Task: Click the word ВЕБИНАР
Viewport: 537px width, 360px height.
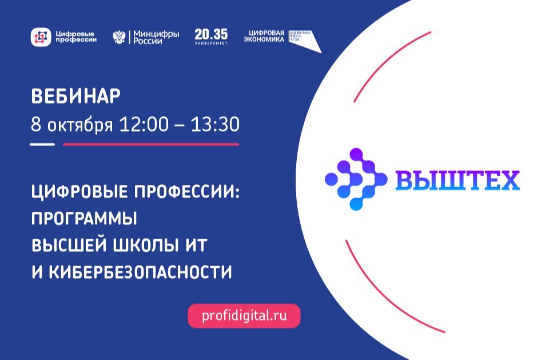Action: [x=75, y=97]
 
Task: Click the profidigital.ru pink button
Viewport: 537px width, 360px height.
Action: [x=244, y=315]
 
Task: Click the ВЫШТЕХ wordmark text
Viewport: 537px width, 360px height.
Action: [x=457, y=180]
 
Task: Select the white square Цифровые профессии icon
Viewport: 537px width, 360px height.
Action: [x=41, y=37]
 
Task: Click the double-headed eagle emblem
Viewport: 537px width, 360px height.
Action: [x=119, y=37]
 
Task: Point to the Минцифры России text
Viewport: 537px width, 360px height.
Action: [x=156, y=37]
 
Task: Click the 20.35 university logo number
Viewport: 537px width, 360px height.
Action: [x=210, y=34]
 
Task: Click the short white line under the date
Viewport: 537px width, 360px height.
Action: [x=42, y=144]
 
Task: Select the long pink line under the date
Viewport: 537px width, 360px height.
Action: [x=150, y=144]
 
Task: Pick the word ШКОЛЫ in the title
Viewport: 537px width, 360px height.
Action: [x=144, y=246]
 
